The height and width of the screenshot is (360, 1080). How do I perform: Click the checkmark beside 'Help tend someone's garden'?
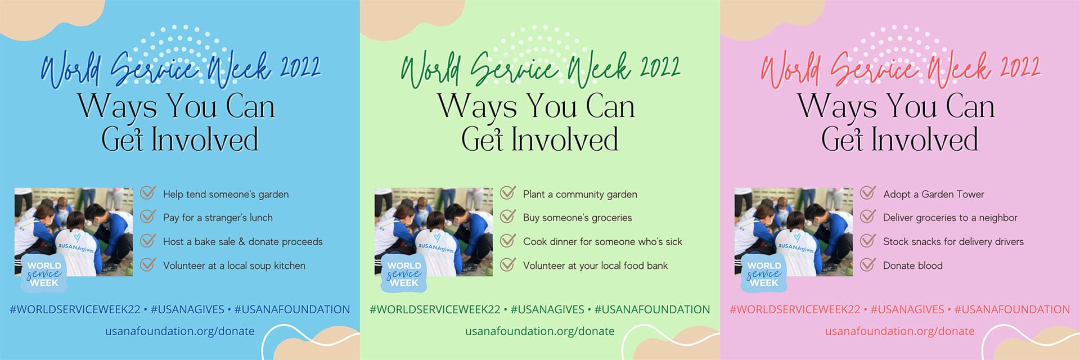(148, 193)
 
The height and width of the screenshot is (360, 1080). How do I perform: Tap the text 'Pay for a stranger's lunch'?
(218, 218)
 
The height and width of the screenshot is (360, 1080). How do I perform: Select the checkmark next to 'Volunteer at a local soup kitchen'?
(148, 264)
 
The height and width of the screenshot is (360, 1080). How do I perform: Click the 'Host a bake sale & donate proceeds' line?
(243, 241)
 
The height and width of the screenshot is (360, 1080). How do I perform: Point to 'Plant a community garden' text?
(580, 194)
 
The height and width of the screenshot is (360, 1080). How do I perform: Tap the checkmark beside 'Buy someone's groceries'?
(508, 217)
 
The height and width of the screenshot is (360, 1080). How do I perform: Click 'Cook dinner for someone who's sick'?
(602, 241)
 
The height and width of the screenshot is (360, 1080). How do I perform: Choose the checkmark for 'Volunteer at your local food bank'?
(508, 264)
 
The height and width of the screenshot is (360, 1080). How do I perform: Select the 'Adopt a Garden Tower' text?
(934, 194)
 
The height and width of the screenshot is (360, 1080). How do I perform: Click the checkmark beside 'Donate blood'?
(868, 264)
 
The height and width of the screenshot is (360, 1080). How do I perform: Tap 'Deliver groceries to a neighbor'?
(950, 218)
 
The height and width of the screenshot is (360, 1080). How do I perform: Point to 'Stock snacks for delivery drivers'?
(953, 241)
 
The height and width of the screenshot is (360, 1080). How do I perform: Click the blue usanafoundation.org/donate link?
(180, 331)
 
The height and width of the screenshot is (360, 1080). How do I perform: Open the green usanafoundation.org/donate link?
(540, 331)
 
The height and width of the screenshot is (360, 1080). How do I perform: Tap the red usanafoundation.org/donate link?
(900, 331)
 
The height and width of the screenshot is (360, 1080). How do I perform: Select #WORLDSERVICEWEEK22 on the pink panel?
(795, 309)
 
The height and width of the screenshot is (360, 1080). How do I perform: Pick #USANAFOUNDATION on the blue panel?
(292, 309)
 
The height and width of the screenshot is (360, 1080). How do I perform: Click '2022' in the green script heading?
(660, 67)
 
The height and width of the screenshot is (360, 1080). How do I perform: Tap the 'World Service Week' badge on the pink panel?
(763, 273)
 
